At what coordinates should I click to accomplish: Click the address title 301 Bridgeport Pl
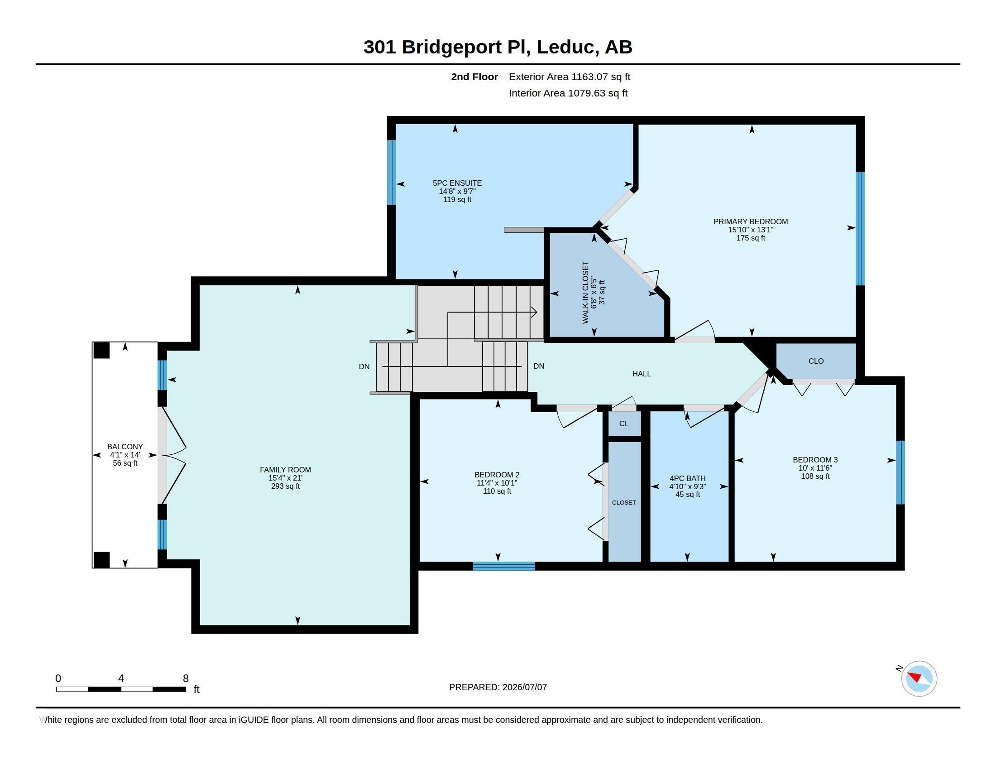pyautogui.click(x=446, y=47)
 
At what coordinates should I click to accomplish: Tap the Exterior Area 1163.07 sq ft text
pyautogui.click(x=570, y=77)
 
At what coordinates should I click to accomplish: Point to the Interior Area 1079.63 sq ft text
pyautogui.click(x=568, y=93)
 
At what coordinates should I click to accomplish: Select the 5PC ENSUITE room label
pyautogui.click(x=457, y=183)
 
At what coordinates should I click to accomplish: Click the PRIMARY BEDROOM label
pyautogui.click(x=751, y=221)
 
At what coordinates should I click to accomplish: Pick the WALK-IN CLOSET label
pyautogui.click(x=585, y=293)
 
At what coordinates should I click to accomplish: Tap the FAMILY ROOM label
pyautogui.click(x=286, y=470)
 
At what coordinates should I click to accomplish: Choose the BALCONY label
pyautogui.click(x=125, y=447)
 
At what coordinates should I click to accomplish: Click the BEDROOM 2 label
pyautogui.click(x=497, y=475)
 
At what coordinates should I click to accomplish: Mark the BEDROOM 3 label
pyautogui.click(x=815, y=460)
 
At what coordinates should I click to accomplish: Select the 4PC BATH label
pyautogui.click(x=688, y=478)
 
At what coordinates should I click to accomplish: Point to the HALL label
pyautogui.click(x=642, y=374)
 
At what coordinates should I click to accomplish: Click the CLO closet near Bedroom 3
pyautogui.click(x=816, y=361)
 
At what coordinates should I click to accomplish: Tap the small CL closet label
pyautogui.click(x=624, y=424)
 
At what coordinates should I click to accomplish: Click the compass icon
pyautogui.click(x=919, y=679)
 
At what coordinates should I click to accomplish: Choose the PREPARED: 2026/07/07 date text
pyautogui.click(x=498, y=687)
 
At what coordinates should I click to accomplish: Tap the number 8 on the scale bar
pyautogui.click(x=186, y=679)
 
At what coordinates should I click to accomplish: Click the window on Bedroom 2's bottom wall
pyautogui.click(x=504, y=567)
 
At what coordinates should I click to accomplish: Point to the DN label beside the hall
pyautogui.click(x=539, y=366)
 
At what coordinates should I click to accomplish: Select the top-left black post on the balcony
pyautogui.click(x=102, y=350)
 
